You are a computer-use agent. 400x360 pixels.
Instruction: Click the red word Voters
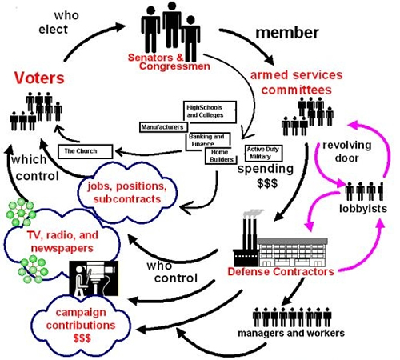click(39, 78)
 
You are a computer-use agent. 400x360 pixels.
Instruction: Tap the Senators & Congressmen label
click(169, 62)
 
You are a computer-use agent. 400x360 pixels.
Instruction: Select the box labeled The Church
click(86, 151)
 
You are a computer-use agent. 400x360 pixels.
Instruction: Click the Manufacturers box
click(163, 127)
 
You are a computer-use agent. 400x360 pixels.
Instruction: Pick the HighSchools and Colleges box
click(210, 112)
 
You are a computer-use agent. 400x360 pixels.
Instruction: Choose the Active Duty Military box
click(263, 153)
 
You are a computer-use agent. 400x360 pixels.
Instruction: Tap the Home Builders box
click(221, 156)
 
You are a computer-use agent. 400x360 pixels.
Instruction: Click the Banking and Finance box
click(208, 141)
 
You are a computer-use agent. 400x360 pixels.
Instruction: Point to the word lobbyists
click(363, 209)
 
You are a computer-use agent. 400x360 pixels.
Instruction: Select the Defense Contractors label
click(281, 272)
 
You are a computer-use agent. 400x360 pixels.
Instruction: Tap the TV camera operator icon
click(94, 278)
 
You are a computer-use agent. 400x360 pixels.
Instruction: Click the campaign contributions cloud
click(81, 325)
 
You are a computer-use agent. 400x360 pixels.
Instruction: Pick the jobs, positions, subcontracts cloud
click(127, 193)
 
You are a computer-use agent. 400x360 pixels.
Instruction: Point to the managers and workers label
click(291, 333)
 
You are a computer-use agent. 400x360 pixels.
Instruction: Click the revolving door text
click(346, 151)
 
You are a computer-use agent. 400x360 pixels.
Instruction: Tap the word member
click(287, 33)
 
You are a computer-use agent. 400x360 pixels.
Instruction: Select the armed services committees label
click(296, 82)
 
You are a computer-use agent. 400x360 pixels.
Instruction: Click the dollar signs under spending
click(267, 183)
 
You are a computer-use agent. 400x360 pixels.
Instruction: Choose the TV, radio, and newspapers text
click(62, 242)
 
